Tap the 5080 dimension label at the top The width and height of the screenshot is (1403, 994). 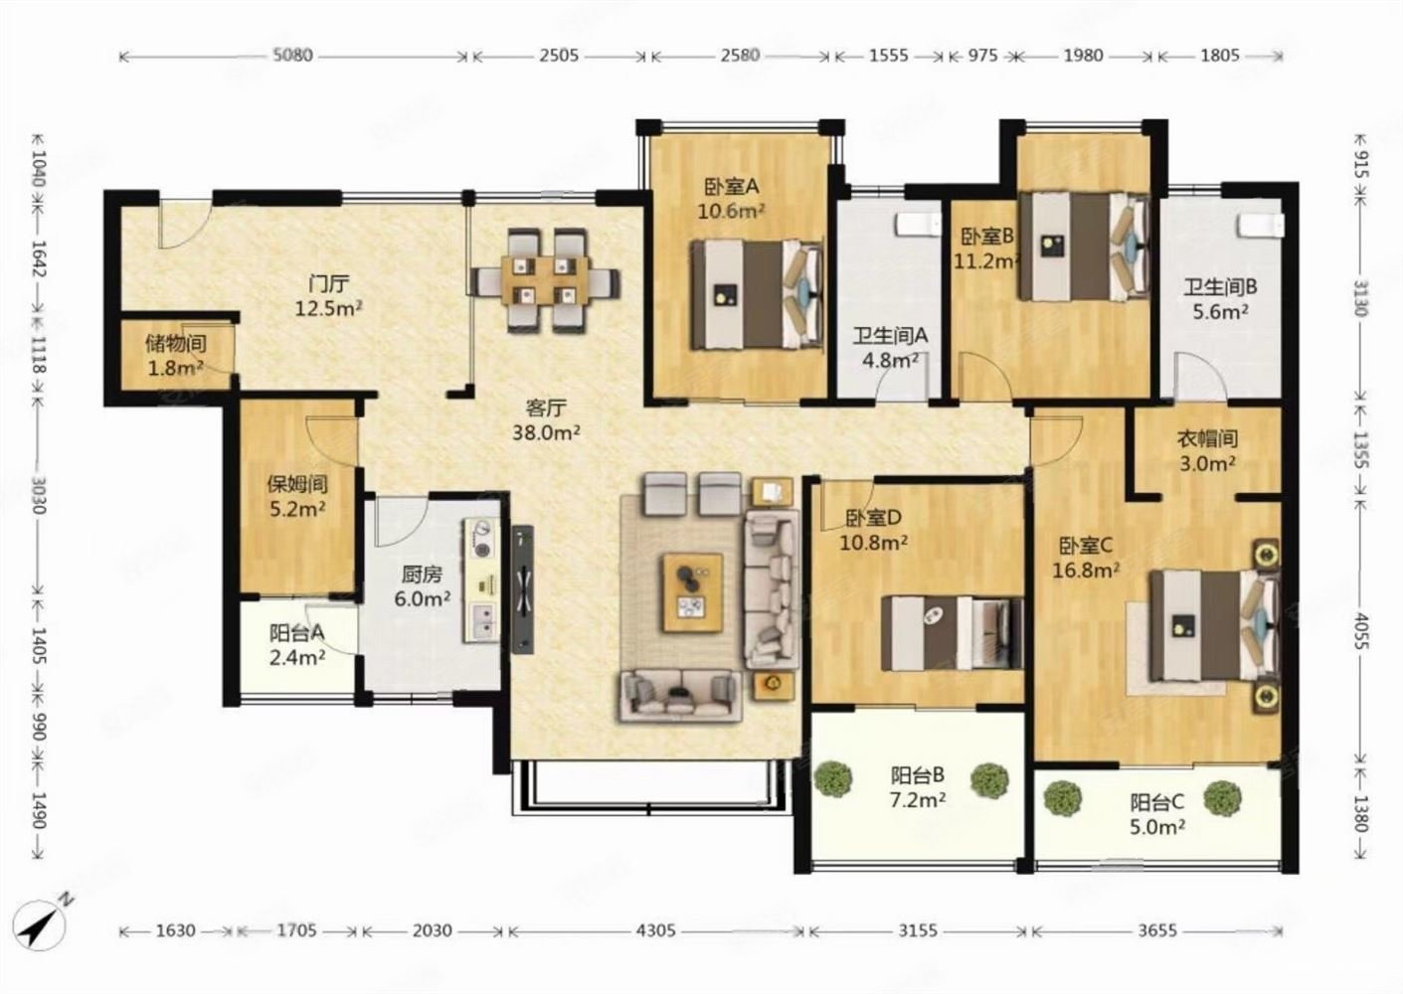(x=293, y=56)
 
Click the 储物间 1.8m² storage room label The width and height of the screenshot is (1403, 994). (x=176, y=356)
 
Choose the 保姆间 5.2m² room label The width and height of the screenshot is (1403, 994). (x=297, y=496)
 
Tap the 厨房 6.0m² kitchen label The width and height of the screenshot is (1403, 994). (x=423, y=586)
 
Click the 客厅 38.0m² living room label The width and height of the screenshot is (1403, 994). (x=546, y=420)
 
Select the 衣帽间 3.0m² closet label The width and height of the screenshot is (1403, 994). (x=1207, y=450)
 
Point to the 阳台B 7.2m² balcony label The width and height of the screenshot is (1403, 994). (x=918, y=787)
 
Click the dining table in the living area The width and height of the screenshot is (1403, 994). (x=545, y=280)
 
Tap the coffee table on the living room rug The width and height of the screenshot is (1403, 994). (x=693, y=592)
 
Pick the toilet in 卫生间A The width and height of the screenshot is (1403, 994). (x=919, y=225)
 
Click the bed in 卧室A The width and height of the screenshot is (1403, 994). (x=758, y=295)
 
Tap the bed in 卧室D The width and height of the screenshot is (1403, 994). (x=952, y=633)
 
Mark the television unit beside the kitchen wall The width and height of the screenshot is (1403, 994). (x=522, y=589)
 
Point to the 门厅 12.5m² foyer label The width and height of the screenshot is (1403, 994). (x=329, y=296)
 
